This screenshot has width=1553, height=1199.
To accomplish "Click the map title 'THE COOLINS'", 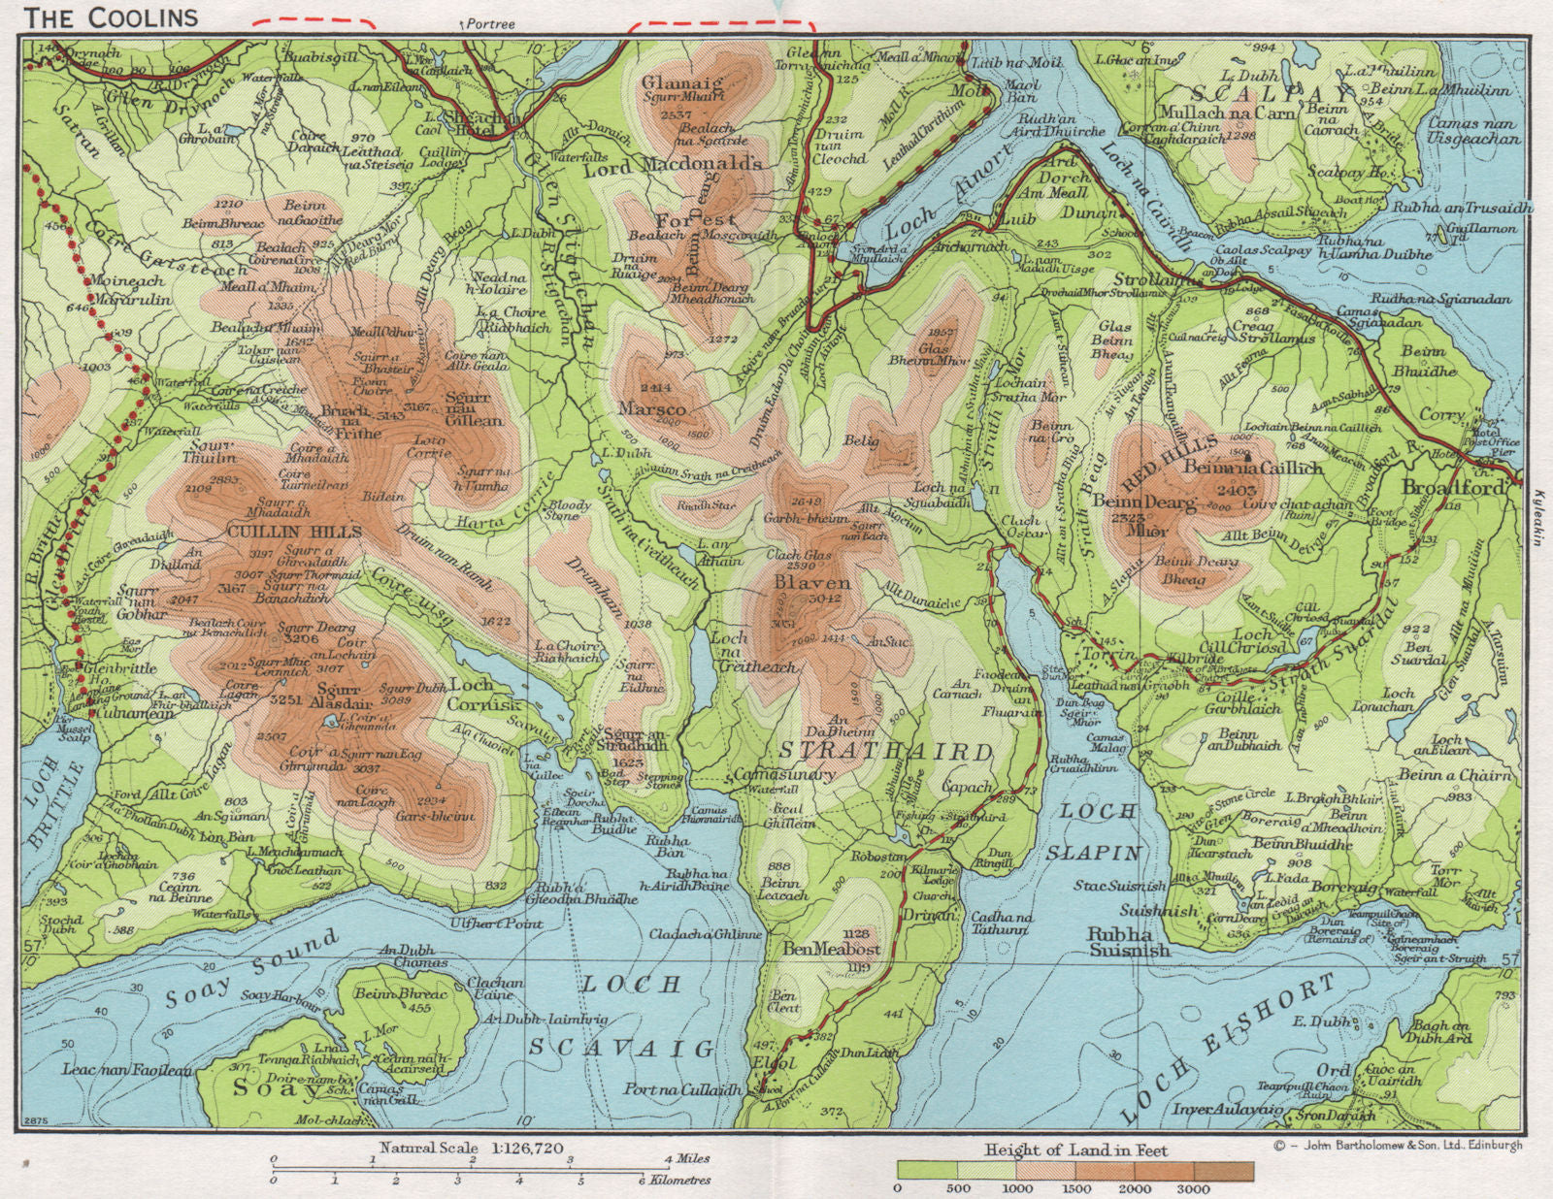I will (112, 16).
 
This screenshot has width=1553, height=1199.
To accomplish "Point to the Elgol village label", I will (774, 1062).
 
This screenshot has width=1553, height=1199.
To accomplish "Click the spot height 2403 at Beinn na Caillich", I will (1242, 491).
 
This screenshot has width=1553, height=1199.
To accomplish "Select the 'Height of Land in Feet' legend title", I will (1076, 1150).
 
